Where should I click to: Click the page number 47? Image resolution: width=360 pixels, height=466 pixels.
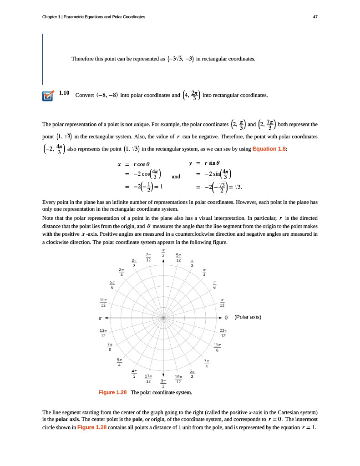pyautogui.click(x=315, y=17)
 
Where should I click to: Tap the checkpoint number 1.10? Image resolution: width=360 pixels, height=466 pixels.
pyautogui.click(x=64, y=93)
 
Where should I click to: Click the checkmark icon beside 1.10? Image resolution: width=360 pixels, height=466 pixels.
pyautogui.click(x=47, y=96)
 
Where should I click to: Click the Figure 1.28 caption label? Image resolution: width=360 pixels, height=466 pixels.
pyautogui.click(x=112, y=392)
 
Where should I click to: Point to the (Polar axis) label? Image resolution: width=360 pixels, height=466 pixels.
pyautogui.click(x=247, y=317)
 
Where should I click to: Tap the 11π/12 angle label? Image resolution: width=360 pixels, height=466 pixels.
pyautogui.click(x=103, y=302)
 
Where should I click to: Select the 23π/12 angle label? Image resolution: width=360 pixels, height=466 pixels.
pyautogui.click(x=223, y=333)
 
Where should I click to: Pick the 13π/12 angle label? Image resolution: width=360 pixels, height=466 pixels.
pyautogui.click(x=103, y=333)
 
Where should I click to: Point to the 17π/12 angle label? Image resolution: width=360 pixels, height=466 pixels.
pyautogui.click(x=148, y=379)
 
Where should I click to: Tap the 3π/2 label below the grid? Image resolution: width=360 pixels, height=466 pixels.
pyautogui.click(x=163, y=383)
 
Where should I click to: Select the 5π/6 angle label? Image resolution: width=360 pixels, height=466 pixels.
pyautogui.click(x=112, y=285)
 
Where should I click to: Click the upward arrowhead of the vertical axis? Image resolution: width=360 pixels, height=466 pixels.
pyautogui.click(x=163, y=261)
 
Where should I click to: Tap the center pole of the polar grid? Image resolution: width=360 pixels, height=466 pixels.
pyautogui.click(x=163, y=317)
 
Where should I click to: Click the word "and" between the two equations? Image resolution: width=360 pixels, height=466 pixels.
pyautogui.click(x=176, y=177)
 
